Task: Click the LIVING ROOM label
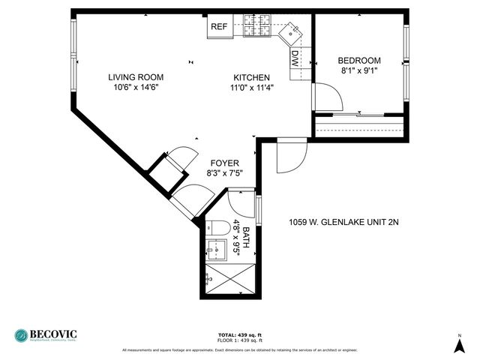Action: click(x=135, y=77)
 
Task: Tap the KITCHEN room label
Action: click(x=251, y=77)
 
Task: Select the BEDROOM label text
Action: click(x=358, y=61)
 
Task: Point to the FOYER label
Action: click(x=224, y=163)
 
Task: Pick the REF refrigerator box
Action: click(x=218, y=27)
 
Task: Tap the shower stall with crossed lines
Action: click(x=229, y=280)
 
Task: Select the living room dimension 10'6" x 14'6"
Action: click(x=135, y=87)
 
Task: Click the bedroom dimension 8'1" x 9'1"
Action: click(x=358, y=71)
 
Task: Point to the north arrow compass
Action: click(x=459, y=344)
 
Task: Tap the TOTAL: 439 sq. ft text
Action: click(x=239, y=334)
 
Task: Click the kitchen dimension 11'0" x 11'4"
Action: click(x=251, y=87)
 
